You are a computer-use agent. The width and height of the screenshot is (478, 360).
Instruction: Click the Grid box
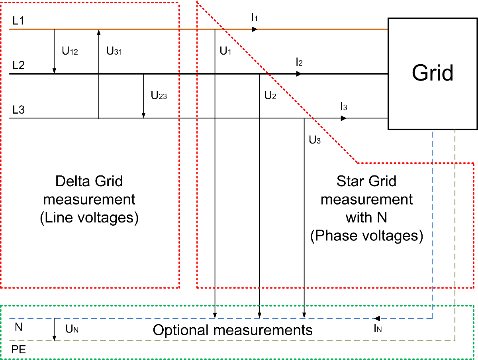click(x=433, y=73)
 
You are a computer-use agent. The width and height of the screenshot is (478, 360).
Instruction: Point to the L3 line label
click(x=18, y=110)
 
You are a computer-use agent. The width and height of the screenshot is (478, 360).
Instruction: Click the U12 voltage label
click(x=70, y=51)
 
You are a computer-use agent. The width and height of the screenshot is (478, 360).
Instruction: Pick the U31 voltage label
click(x=114, y=51)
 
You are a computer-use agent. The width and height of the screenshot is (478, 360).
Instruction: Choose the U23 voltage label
click(x=159, y=96)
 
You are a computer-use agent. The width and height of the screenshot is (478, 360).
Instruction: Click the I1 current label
click(x=255, y=17)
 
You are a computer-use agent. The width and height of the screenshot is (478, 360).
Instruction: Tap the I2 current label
click(x=299, y=62)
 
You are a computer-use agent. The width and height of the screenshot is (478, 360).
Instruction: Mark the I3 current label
click(x=344, y=106)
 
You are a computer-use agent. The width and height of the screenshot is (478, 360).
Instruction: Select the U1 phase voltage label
click(x=225, y=51)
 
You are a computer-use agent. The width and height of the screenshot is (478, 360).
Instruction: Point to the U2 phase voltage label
click(x=270, y=96)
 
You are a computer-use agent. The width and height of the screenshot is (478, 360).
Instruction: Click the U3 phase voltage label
click(x=315, y=140)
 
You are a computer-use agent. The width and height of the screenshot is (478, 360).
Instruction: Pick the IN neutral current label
click(x=378, y=329)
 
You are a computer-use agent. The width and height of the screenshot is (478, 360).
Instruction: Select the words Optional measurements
click(x=233, y=330)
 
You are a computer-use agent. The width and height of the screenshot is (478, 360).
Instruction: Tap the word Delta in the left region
click(x=69, y=181)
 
